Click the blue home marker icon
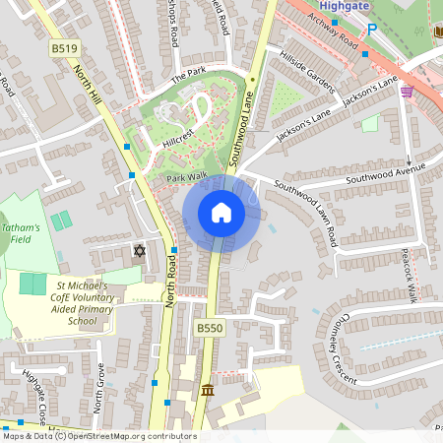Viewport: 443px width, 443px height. [221, 212]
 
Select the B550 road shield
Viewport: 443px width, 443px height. [209, 328]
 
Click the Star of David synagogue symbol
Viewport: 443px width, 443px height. [139, 251]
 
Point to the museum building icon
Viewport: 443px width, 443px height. [207, 392]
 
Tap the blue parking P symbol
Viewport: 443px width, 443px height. [371, 31]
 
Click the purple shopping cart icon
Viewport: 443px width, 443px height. [408, 92]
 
